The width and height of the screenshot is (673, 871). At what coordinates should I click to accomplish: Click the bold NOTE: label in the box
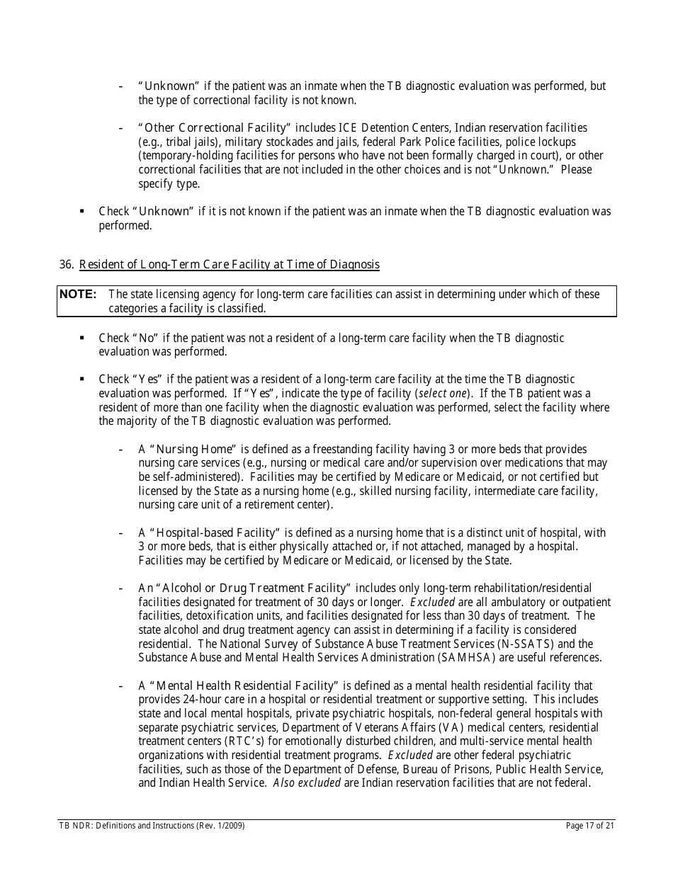click(77, 294)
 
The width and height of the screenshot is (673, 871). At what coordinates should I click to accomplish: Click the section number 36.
click(67, 265)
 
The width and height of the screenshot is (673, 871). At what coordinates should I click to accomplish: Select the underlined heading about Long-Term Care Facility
click(229, 265)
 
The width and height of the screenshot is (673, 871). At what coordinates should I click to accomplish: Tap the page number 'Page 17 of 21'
click(591, 826)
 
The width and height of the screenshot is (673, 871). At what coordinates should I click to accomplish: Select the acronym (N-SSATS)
click(562, 644)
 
